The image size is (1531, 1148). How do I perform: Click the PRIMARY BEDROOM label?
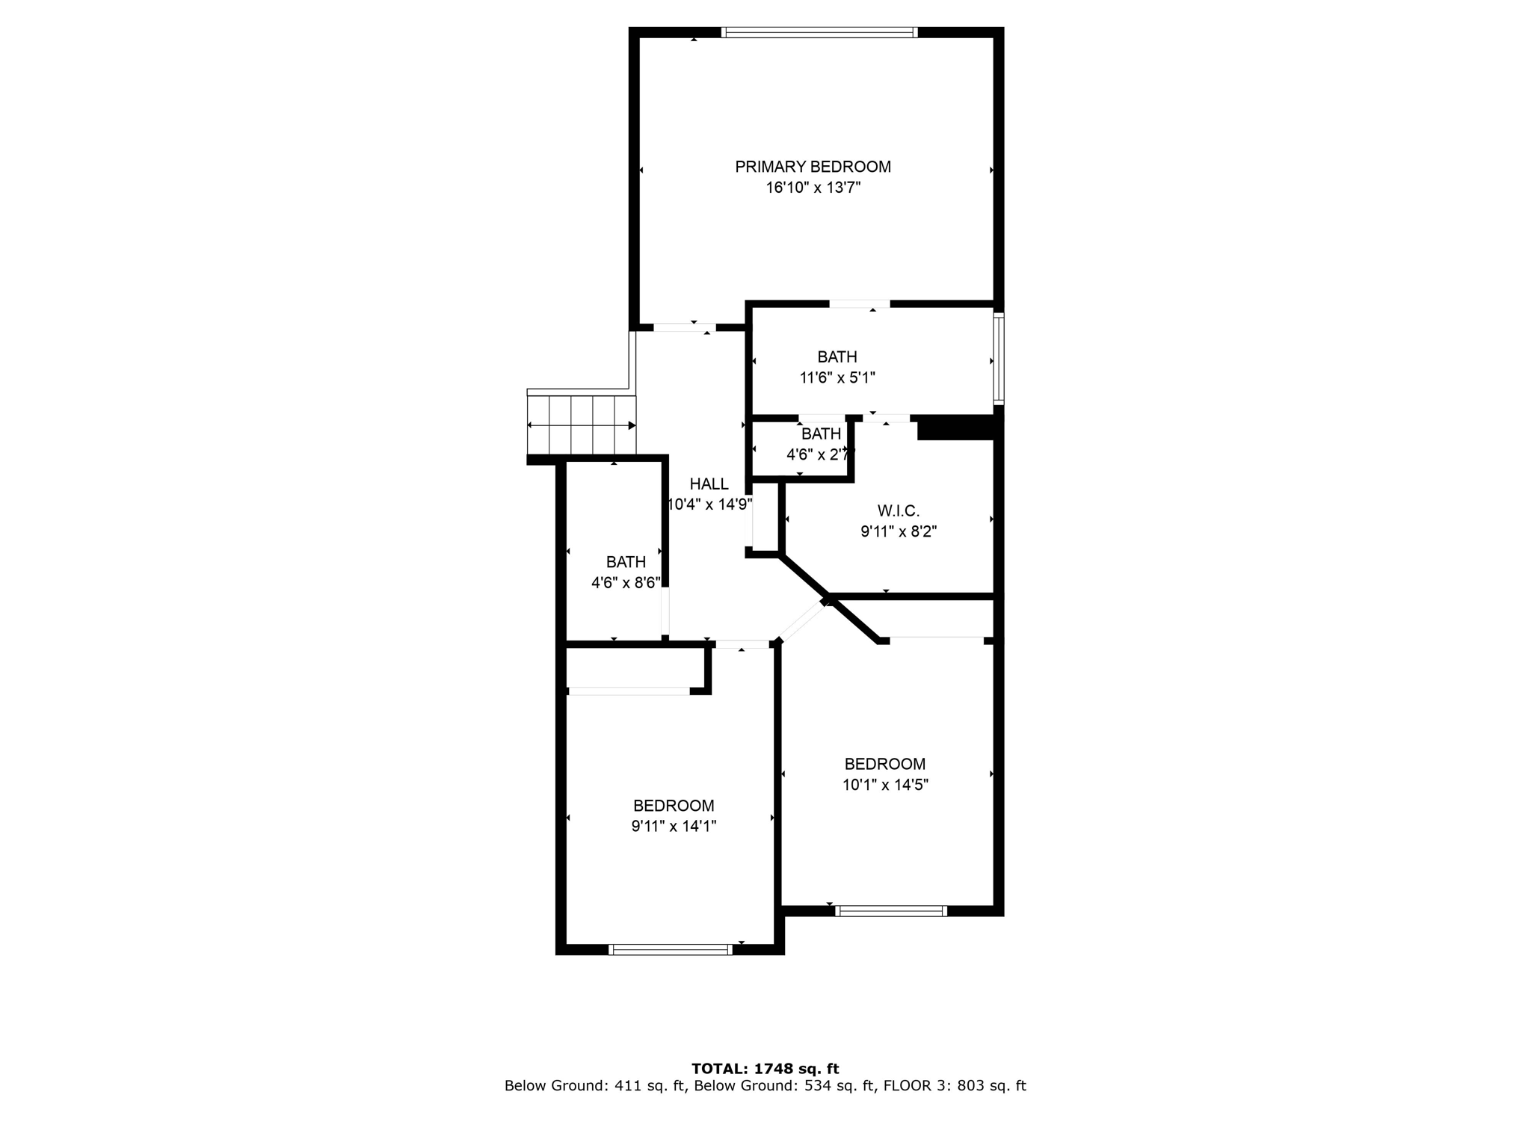[813, 167]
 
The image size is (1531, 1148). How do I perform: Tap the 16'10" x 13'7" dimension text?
[813, 188]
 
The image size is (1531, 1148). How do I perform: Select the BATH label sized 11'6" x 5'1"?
[837, 357]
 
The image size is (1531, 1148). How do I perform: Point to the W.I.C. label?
[898, 511]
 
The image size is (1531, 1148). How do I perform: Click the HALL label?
[709, 484]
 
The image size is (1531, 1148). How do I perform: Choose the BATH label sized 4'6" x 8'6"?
[626, 562]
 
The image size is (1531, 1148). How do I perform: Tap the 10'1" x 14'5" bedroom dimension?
[885, 785]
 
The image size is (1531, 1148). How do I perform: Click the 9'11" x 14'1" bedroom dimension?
[674, 827]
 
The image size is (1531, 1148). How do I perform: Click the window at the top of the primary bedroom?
[819, 32]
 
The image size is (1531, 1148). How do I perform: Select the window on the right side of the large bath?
[998, 359]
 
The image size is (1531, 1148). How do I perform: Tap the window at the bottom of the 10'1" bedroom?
[891, 910]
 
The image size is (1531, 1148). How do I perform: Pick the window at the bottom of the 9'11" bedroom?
[670, 949]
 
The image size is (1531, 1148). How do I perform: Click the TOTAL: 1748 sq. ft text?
[765, 1069]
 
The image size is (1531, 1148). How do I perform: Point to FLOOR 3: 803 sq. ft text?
[955, 1086]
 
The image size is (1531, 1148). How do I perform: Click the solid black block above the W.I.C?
[956, 428]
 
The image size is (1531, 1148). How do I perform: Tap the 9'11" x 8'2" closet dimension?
[898, 532]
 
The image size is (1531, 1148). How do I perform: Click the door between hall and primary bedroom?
[684, 327]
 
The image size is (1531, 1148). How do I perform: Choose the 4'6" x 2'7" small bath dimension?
[819, 454]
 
